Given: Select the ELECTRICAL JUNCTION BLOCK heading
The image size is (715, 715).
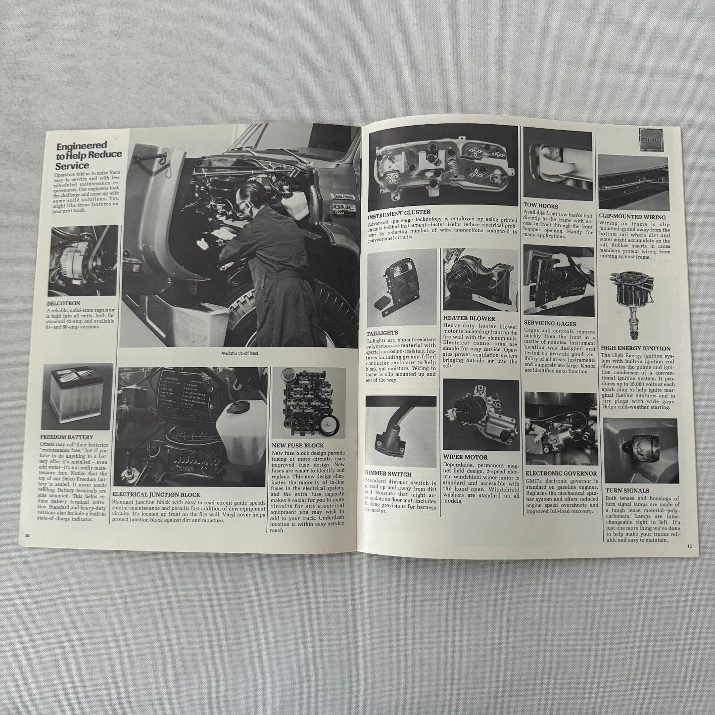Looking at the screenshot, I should click(157, 494).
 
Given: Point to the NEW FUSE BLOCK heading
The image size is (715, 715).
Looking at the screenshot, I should click(298, 445).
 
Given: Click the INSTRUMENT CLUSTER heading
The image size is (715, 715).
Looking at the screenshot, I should click(399, 212).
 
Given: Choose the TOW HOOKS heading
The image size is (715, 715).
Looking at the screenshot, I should click(540, 205).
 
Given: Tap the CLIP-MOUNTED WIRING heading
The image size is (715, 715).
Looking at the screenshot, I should click(632, 217).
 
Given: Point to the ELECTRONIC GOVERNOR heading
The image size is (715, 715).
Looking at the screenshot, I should click(561, 474).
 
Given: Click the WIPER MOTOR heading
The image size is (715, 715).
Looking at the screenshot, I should click(465, 457).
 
